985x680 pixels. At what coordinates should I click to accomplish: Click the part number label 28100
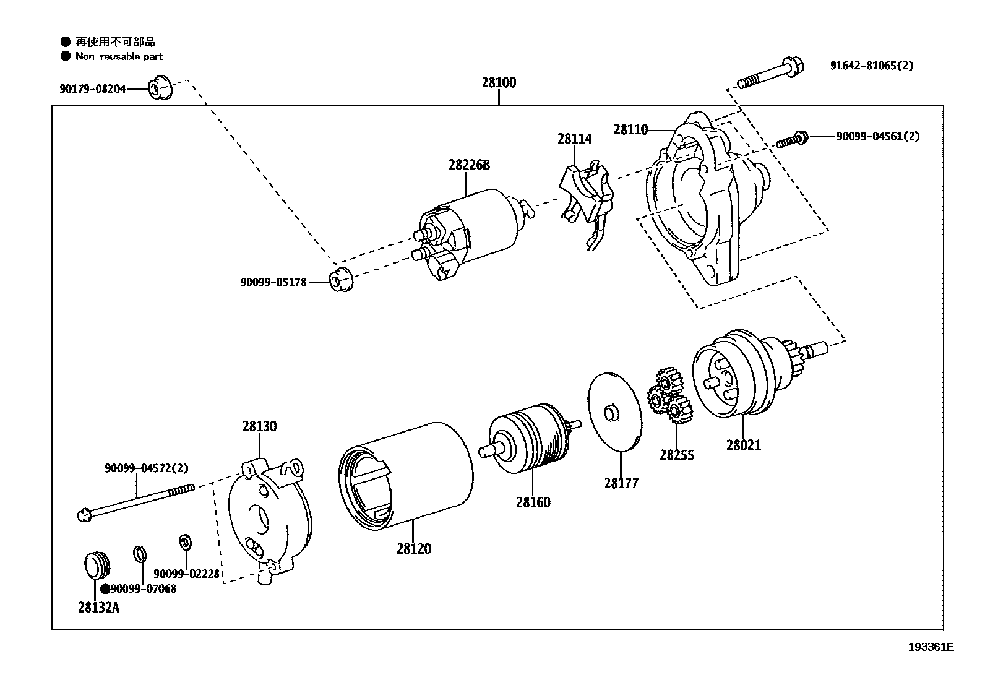pyautogui.click(x=499, y=82)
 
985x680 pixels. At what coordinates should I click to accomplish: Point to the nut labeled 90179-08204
pyautogui.click(x=160, y=90)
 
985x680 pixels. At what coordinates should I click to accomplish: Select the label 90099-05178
pyautogui.click(x=273, y=283)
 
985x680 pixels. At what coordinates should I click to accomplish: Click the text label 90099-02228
pyautogui.click(x=186, y=574)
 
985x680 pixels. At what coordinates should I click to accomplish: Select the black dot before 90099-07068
pyautogui.click(x=105, y=589)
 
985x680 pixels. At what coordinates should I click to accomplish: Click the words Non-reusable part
pyautogui.click(x=119, y=56)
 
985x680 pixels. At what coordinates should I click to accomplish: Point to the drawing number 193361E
pyautogui.click(x=931, y=647)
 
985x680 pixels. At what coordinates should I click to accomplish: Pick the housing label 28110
pyautogui.click(x=630, y=129)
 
